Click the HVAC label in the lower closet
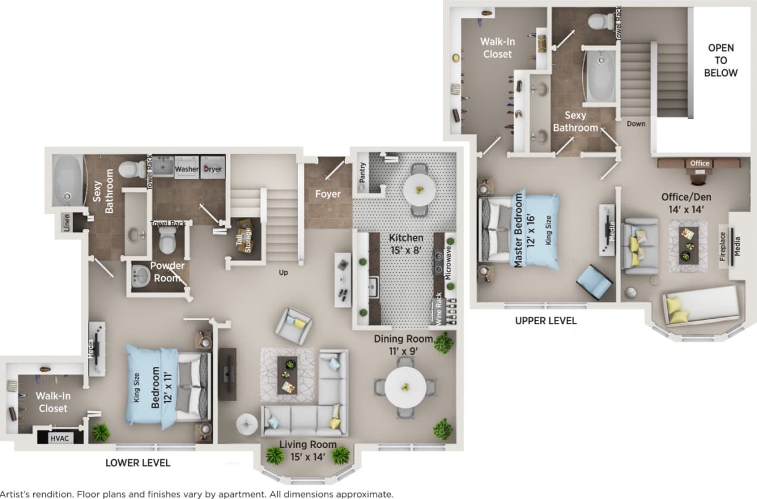(x=58, y=438)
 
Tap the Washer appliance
(x=186, y=169)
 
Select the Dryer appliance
(x=213, y=169)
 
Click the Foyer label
(x=328, y=194)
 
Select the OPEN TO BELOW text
(x=720, y=60)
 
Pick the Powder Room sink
(x=140, y=276)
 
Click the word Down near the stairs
(x=636, y=124)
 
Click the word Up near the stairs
(x=284, y=272)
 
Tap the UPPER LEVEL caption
(x=546, y=321)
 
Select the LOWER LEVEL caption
(x=138, y=463)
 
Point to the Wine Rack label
(x=439, y=308)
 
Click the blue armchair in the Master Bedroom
(x=595, y=281)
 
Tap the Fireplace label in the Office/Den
(x=723, y=246)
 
